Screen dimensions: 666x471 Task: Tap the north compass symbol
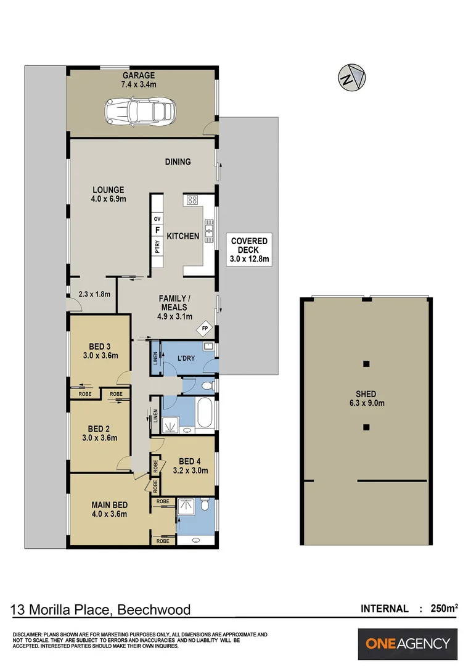(x=350, y=78)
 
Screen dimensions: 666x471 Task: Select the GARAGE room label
(x=138, y=76)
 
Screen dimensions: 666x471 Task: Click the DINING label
(x=178, y=162)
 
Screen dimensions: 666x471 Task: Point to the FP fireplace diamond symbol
(x=205, y=329)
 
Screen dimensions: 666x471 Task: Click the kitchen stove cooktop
(x=192, y=200)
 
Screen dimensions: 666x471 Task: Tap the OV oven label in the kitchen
(x=157, y=219)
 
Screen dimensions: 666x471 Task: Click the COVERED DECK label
(x=249, y=245)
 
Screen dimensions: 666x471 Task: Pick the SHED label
(x=366, y=394)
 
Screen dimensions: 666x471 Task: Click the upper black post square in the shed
(x=366, y=363)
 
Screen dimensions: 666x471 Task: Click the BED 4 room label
(x=191, y=461)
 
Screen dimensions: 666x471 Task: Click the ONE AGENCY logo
(x=408, y=644)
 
